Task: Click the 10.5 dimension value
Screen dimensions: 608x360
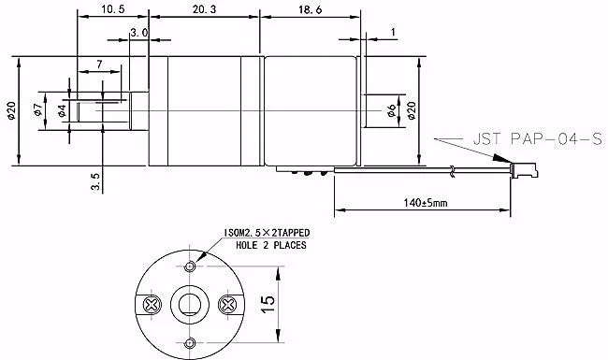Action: tap(113, 9)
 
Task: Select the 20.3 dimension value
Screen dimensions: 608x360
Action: tap(204, 9)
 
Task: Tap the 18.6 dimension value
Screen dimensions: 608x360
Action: tap(310, 9)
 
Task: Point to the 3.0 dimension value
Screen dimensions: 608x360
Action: tap(138, 33)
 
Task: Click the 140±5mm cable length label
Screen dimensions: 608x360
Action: tap(426, 202)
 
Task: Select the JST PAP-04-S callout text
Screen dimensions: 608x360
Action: tap(538, 138)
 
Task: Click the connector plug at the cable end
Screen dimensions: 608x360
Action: tap(525, 170)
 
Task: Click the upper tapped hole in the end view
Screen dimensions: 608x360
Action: tap(190, 266)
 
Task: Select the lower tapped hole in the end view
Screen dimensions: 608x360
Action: tap(190, 343)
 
